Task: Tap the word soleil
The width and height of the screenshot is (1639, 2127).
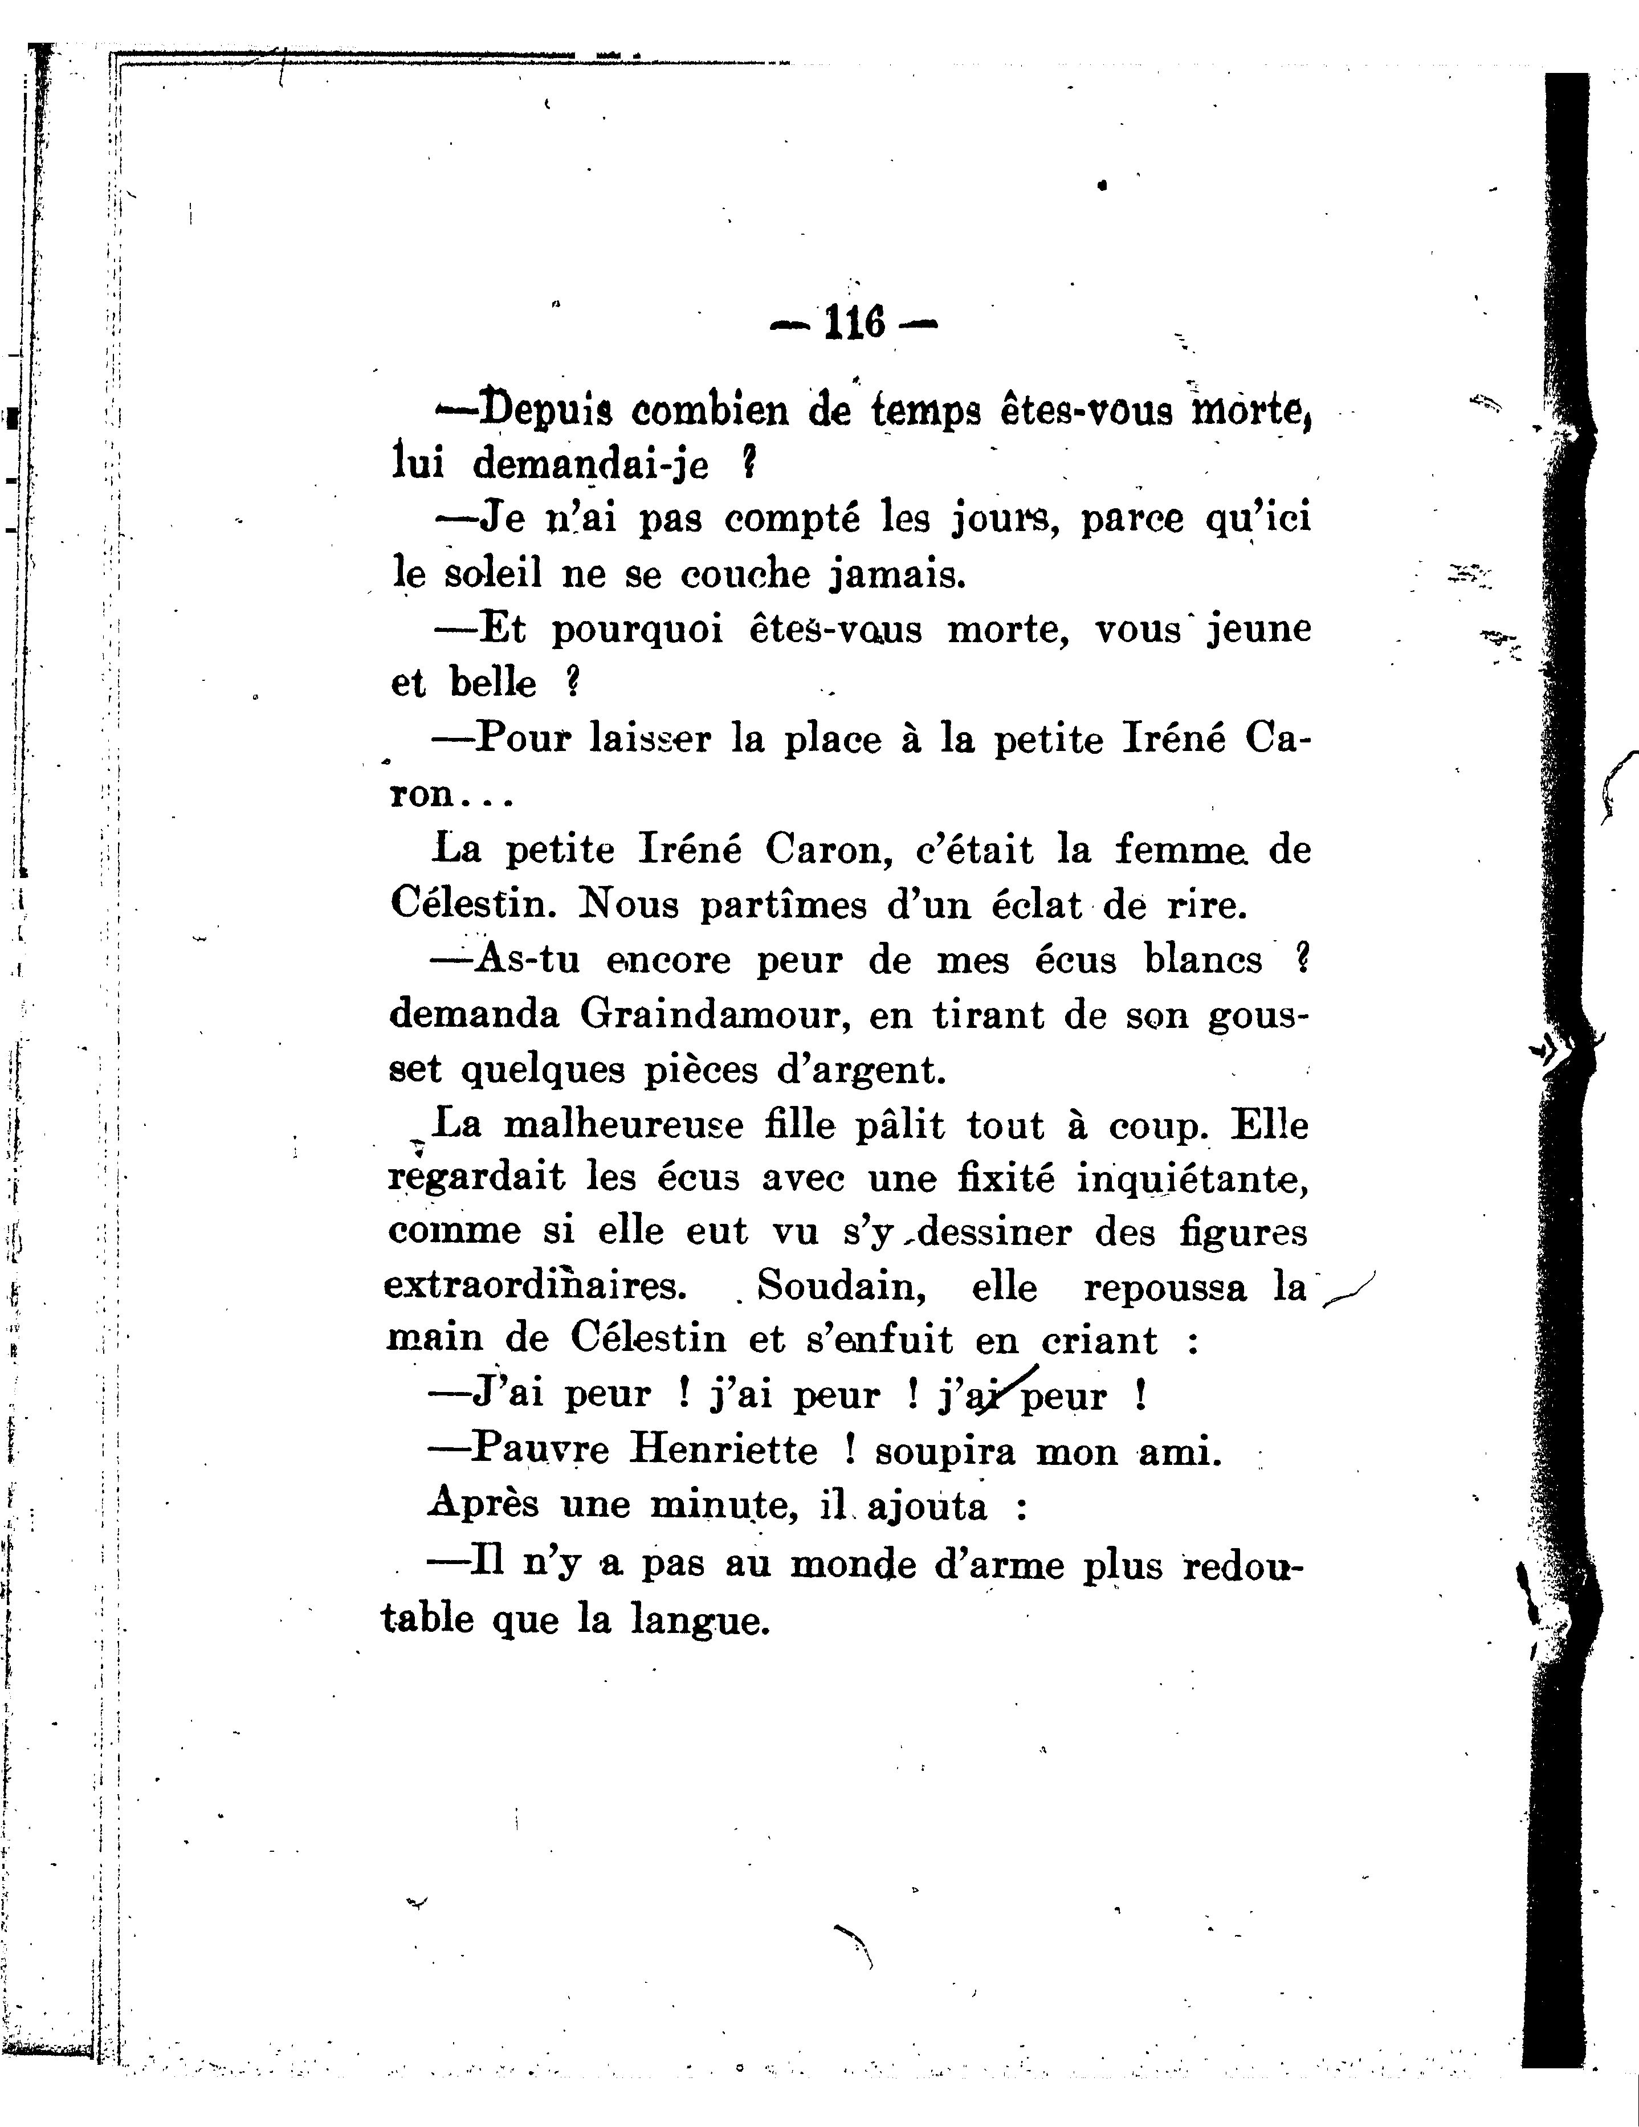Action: tap(493, 574)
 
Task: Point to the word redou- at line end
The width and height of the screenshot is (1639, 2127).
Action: tap(1242, 1564)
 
